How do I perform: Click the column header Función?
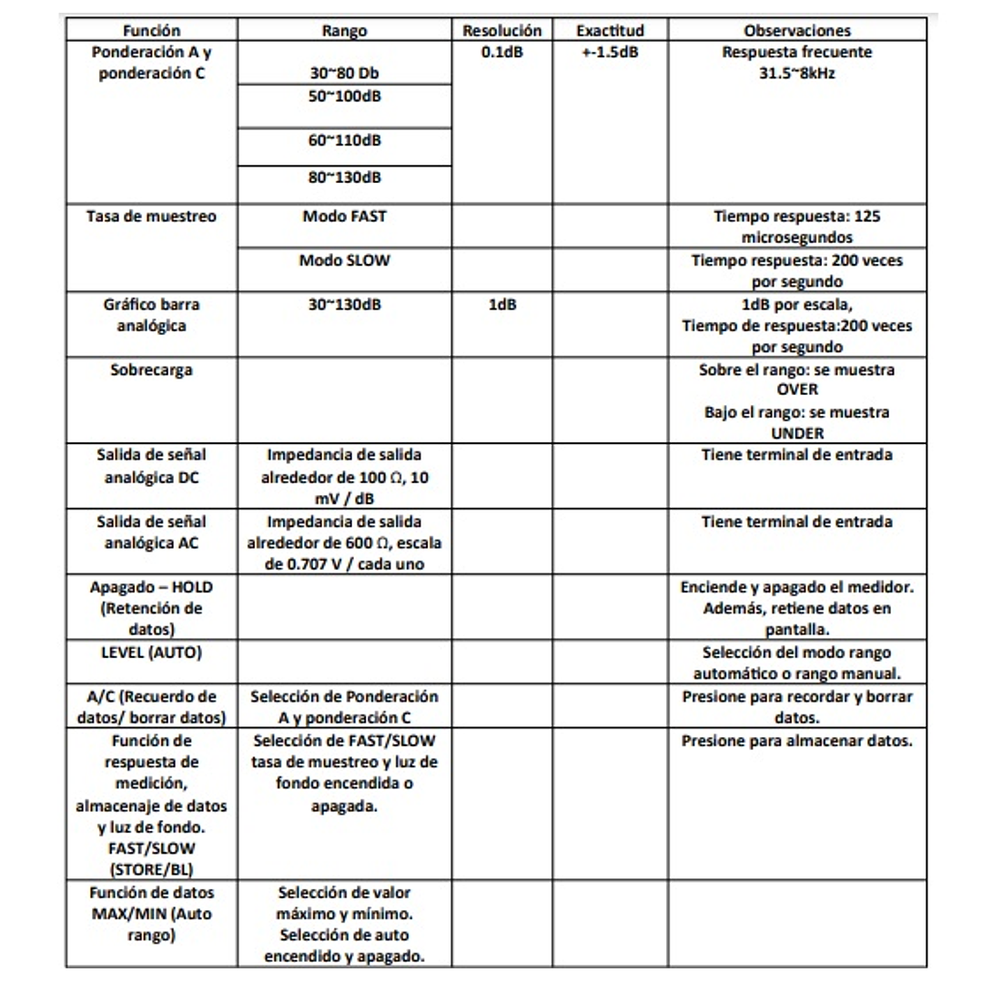[x=150, y=31]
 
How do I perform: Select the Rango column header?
[x=345, y=31]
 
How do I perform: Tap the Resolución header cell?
[x=501, y=31]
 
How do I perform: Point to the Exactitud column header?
[x=610, y=31]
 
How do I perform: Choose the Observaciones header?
[x=796, y=31]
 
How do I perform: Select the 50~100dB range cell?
[x=344, y=96]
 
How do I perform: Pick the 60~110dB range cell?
[x=344, y=140]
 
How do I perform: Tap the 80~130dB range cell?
[x=344, y=177]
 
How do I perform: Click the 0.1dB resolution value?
[x=501, y=53]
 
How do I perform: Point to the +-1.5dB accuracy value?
[x=610, y=53]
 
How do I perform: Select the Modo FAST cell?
[x=344, y=217]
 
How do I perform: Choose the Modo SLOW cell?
[x=344, y=260]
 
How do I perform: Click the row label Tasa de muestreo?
[x=151, y=217]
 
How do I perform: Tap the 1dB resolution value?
[x=501, y=304]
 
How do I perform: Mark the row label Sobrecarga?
[x=151, y=370]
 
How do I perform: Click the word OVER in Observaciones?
[x=797, y=390]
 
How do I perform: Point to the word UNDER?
[x=797, y=433]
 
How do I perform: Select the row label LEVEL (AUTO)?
[x=151, y=653]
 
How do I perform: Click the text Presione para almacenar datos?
[x=797, y=741]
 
